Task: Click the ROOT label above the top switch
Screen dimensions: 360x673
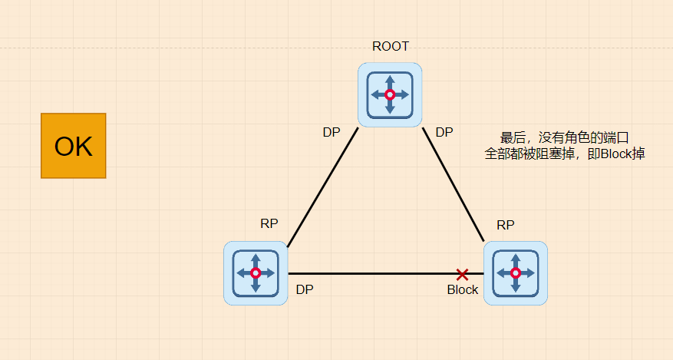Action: tap(391, 46)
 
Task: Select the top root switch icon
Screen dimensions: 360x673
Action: tap(390, 94)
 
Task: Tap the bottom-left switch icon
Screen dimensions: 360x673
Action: tap(256, 272)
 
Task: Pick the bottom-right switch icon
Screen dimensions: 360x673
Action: tap(516, 272)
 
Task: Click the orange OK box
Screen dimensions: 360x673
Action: tap(73, 146)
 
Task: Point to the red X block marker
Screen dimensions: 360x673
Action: tap(462, 274)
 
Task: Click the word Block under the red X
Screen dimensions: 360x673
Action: tap(463, 289)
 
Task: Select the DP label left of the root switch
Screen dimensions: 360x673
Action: tap(332, 132)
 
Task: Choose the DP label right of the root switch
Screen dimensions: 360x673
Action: tap(444, 132)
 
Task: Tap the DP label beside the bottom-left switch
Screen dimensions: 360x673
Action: tap(305, 289)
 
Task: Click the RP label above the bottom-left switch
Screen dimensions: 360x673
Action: tap(269, 223)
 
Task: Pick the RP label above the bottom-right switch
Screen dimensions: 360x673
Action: tap(506, 225)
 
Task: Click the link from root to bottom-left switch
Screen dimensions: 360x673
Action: tap(322, 187)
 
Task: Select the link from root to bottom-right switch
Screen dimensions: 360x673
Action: tap(453, 184)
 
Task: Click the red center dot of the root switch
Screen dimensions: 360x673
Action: tap(390, 94)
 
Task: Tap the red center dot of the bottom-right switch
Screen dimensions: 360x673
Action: tap(516, 272)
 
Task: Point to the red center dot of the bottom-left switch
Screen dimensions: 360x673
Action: tap(256, 272)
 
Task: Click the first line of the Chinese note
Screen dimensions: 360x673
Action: tap(565, 138)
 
